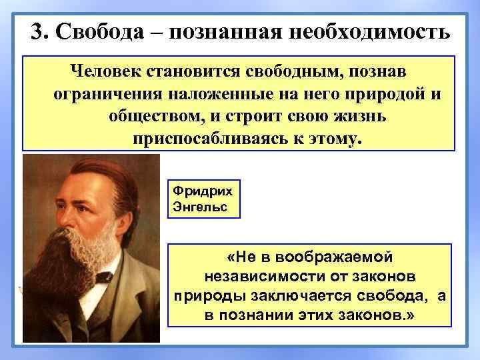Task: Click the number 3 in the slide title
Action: pyautogui.click(x=37, y=32)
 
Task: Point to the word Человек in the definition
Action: pyautogui.click(x=101, y=71)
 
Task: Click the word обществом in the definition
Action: pyautogui.click(x=154, y=117)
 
